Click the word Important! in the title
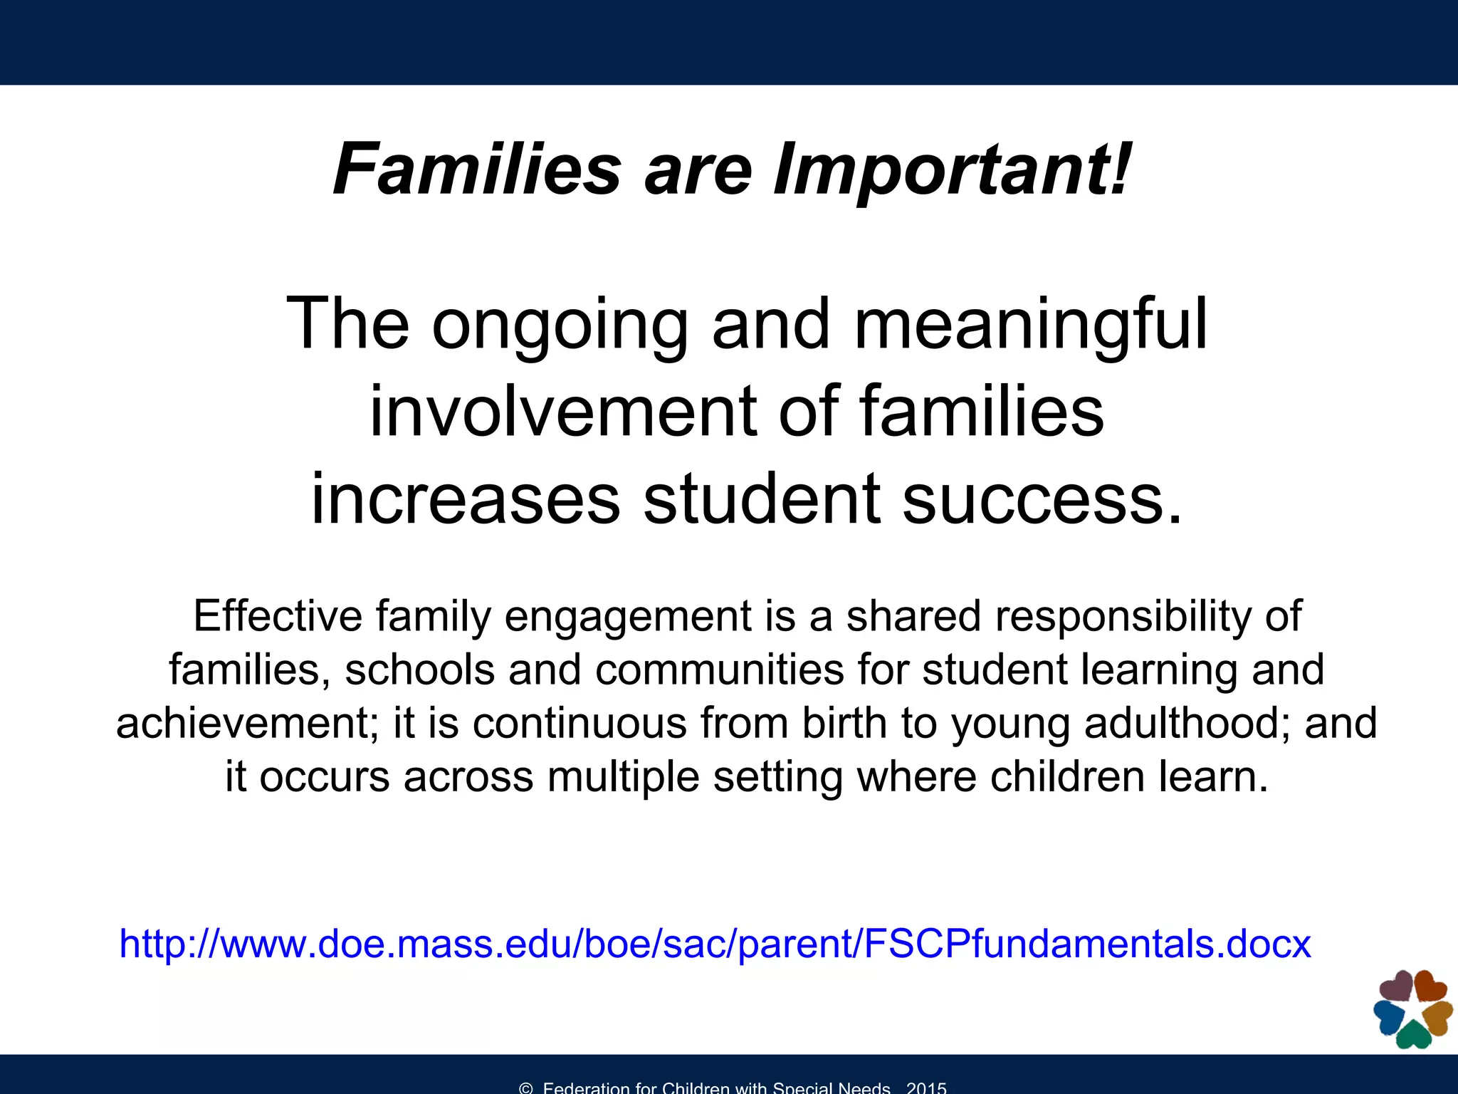pyautogui.click(x=952, y=170)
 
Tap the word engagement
pyautogui.click(x=628, y=617)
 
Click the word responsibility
pyautogui.click(x=1123, y=617)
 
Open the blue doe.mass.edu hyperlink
pyautogui.click(x=715, y=944)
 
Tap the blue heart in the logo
pyautogui.click(x=1388, y=1016)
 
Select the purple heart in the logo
pyautogui.click(x=1397, y=986)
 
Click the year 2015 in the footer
pyautogui.click(x=926, y=1088)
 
